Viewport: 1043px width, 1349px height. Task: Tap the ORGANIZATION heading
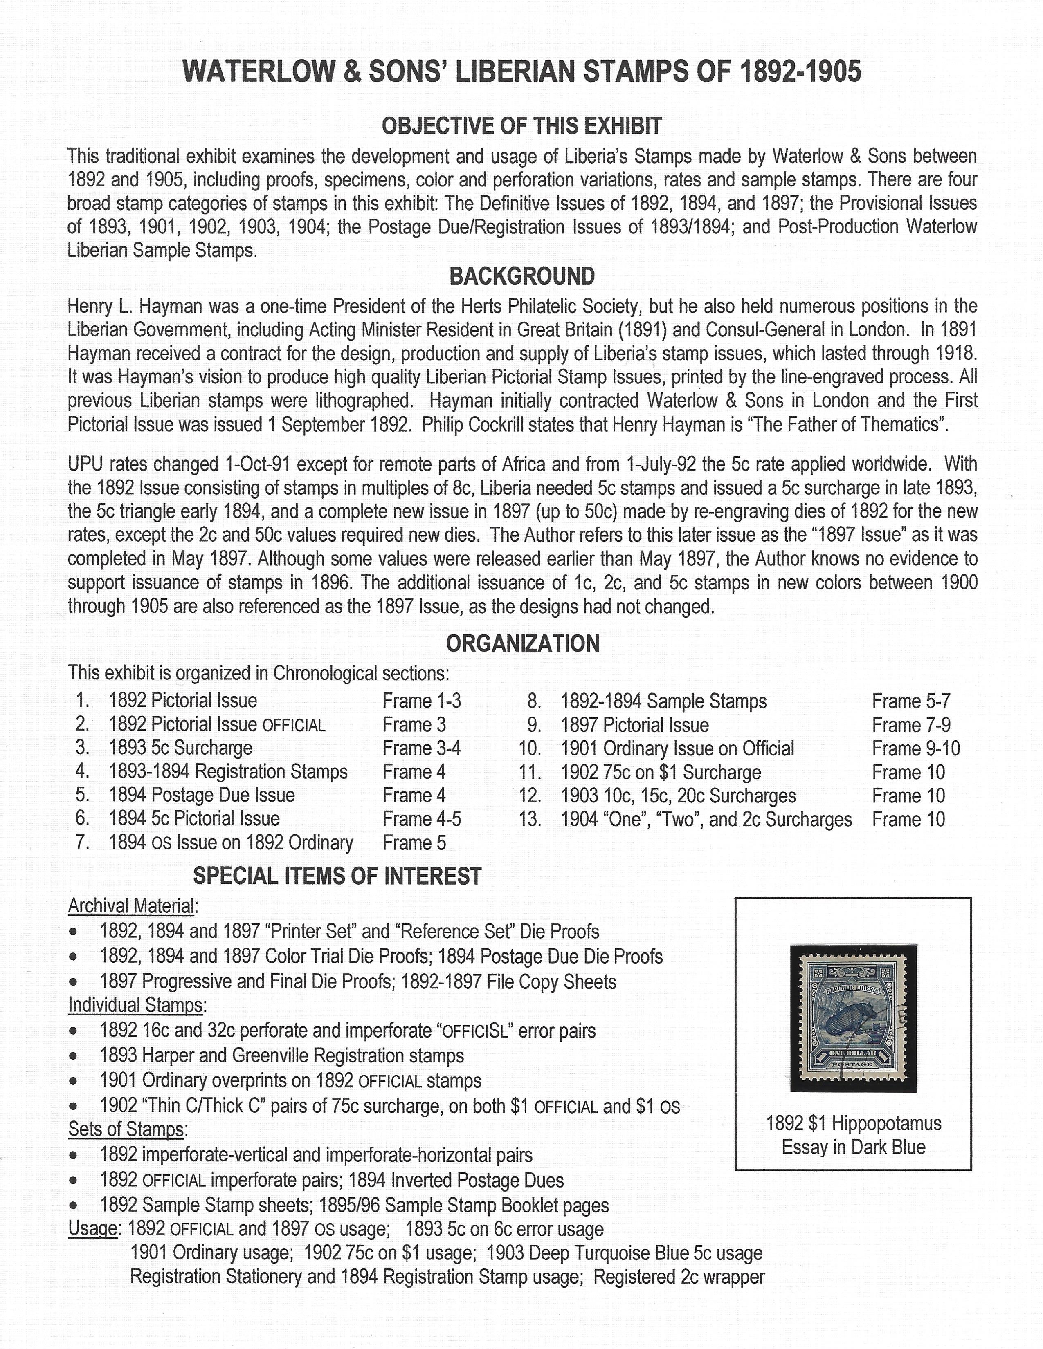coord(522,643)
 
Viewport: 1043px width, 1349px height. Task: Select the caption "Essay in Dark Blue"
coord(853,1147)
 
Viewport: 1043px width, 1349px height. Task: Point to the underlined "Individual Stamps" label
coord(135,1005)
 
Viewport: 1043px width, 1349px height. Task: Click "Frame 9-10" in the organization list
coord(916,748)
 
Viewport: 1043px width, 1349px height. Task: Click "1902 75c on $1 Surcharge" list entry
coord(661,772)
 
